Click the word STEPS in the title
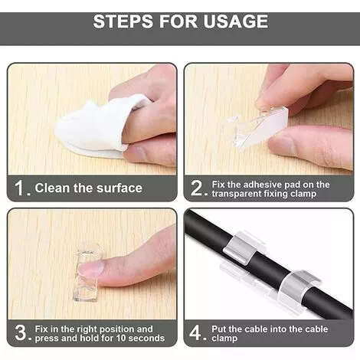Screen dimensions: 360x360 point(123,21)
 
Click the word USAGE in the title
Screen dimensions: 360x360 point(236,21)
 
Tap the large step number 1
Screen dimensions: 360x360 point(19,188)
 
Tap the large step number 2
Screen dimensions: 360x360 point(197,188)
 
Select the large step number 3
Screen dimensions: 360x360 point(21,332)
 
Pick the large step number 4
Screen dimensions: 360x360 point(195,332)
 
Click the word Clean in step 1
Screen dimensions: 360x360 point(53,188)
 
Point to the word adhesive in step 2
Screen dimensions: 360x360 point(259,185)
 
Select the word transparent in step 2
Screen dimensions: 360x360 point(233,194)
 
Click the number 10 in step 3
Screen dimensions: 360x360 point(121,338)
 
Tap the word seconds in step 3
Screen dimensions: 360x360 point(146,338)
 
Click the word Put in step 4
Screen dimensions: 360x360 point(219,329)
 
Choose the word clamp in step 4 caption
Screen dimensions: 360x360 point(224,339)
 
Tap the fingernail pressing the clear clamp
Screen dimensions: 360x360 point(91,269)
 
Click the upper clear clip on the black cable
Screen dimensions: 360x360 point(243,247)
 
